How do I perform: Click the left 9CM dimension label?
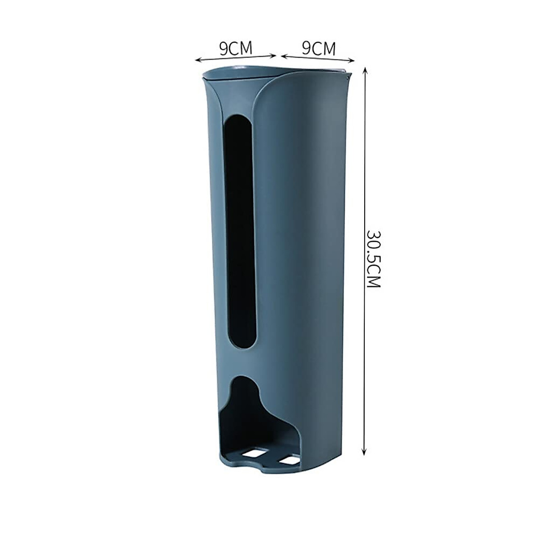236,48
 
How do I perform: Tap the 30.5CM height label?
374,260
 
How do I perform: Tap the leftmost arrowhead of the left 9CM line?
197,60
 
